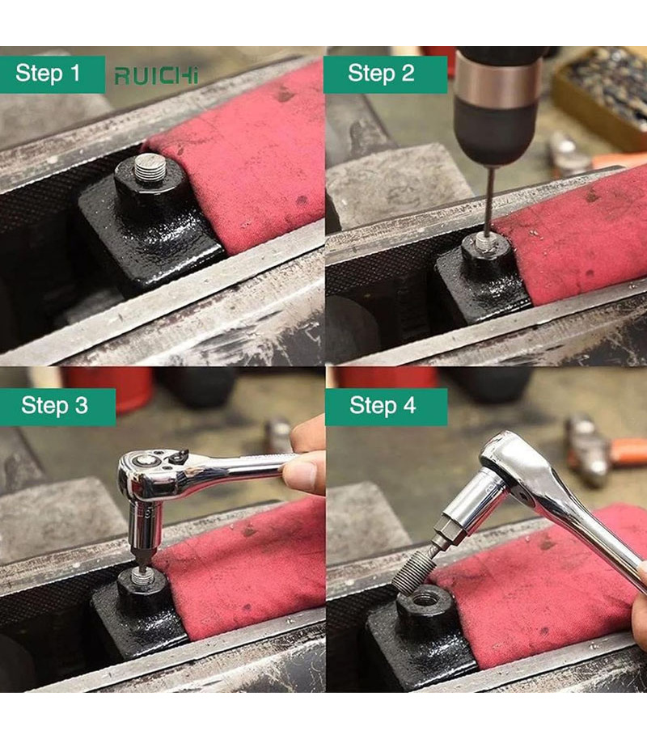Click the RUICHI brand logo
click(x=157, y=75)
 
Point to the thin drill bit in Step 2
click(x=488, y=201)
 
